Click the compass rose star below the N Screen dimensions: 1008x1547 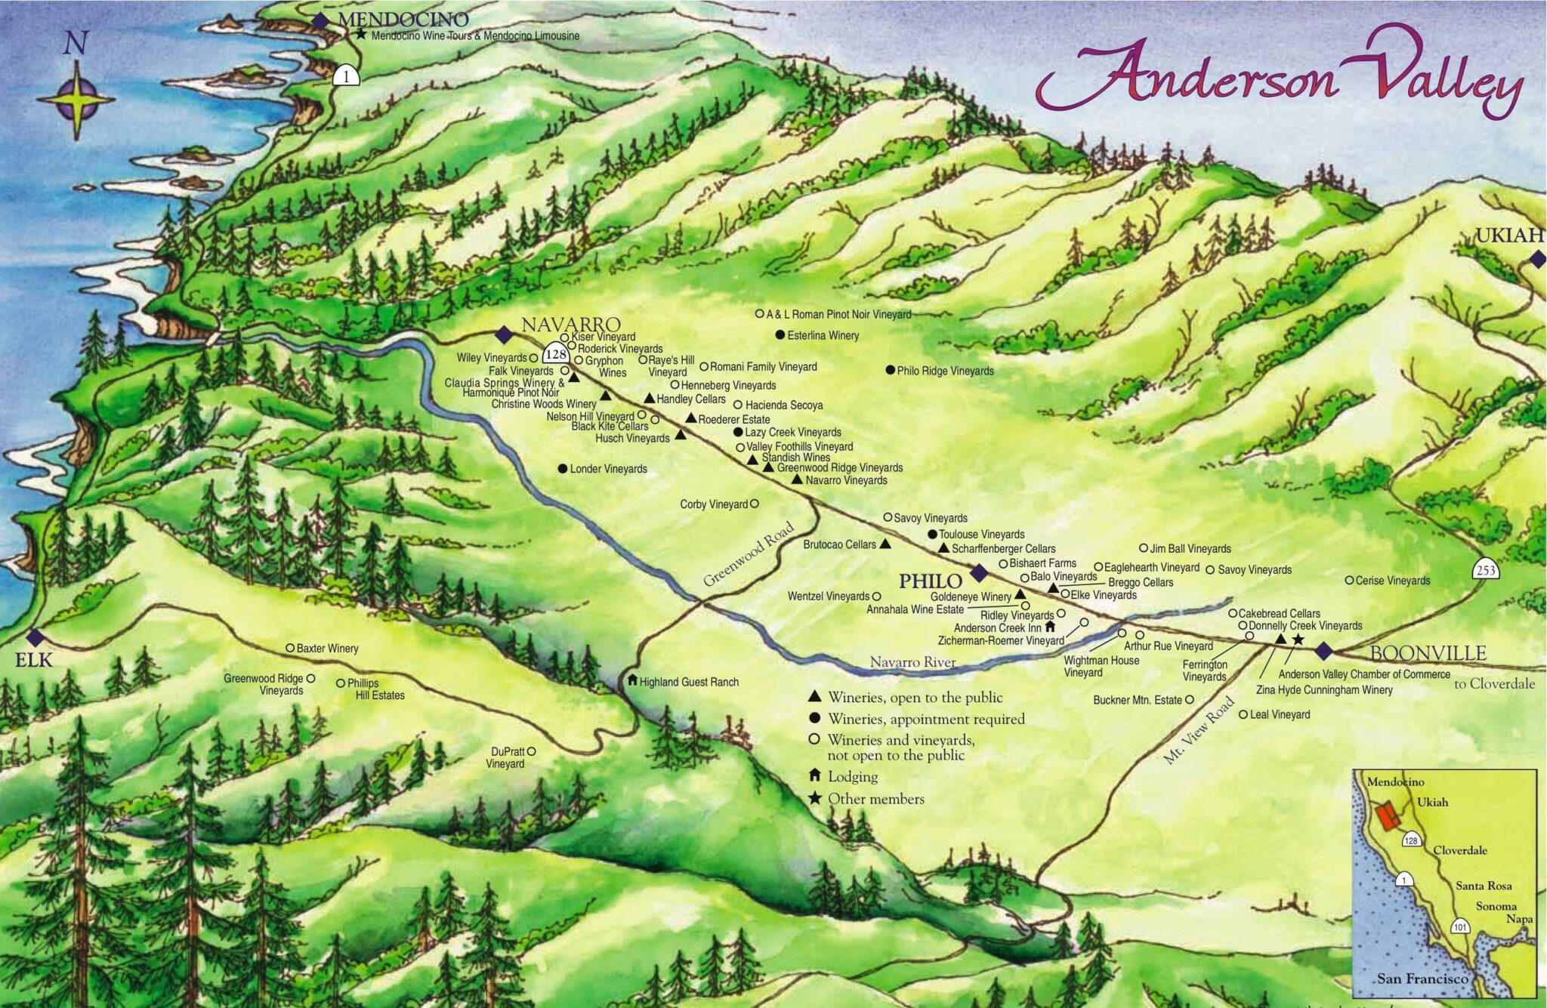pos(76,100)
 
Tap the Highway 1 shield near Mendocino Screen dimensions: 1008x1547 pos(346,75)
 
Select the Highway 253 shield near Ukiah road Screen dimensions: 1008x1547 pos(1485,569)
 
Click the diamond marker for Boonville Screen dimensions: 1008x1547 pos(1323,651)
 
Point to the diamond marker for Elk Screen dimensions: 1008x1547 pos(35,637)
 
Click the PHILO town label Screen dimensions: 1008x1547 pos(930,581)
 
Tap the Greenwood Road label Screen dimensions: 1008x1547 pos(748,554)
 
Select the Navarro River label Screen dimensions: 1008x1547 pos(912,662)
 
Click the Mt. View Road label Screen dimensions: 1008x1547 pos(1199,730)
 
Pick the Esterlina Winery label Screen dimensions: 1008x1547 pos(823,335)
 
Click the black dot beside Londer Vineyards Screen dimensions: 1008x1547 pos(562,468)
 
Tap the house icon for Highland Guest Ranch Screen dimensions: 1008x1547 pos(632,680)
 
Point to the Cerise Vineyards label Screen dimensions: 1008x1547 pos(1392,581)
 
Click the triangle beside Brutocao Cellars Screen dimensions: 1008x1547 pos(885,544)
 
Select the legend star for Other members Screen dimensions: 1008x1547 pos(814,799)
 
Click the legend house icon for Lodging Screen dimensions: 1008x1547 pos(814,775)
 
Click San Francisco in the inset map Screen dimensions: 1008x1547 pos(1422,979)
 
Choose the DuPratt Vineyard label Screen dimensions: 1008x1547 pos(506,757)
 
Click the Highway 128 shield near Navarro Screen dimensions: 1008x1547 pos(556,353)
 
